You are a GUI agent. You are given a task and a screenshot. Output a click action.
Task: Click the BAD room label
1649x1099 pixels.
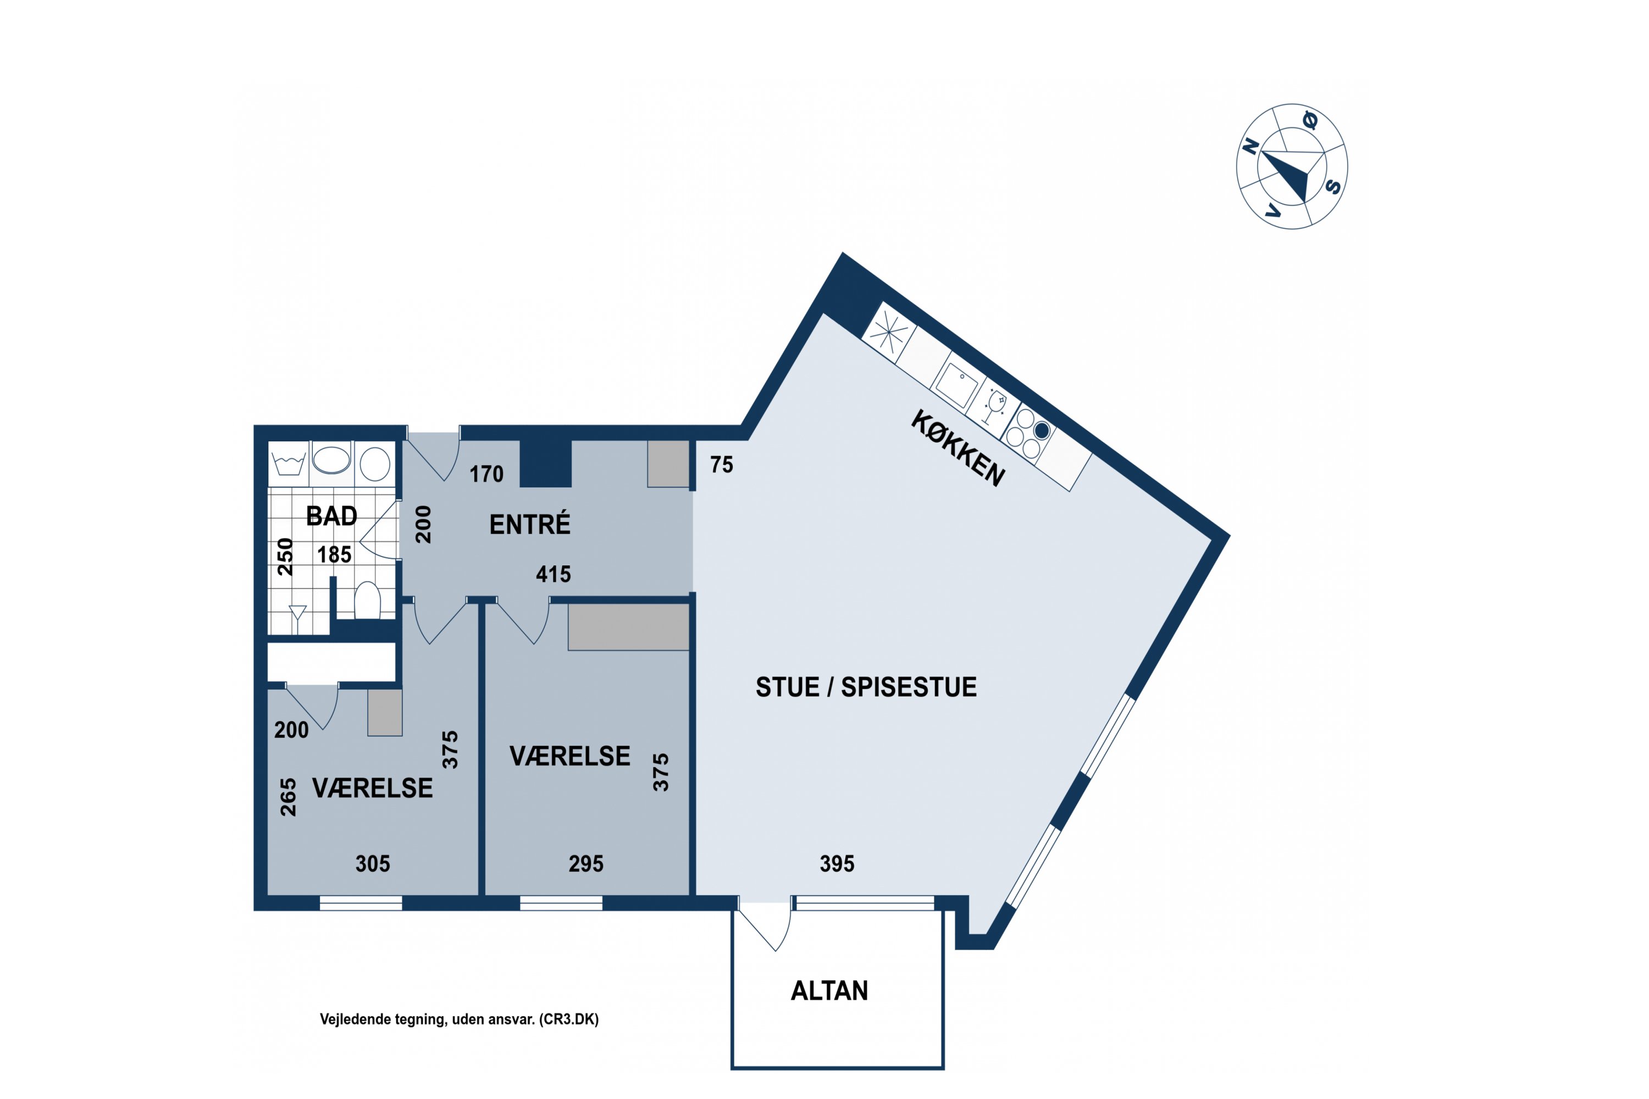pyautogui.click(x=331, y=517)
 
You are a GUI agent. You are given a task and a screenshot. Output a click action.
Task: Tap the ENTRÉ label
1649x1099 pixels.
pyautogui.click(x=530, y=524)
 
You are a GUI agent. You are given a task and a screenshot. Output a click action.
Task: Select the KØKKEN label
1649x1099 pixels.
pyautogui.click(x=958, y=448)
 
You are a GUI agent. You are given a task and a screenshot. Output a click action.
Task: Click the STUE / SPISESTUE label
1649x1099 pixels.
pyautogui.click(x=866, y=687)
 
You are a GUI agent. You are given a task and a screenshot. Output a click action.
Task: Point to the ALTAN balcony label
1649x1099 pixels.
pyautogui.click(x=829, y=990)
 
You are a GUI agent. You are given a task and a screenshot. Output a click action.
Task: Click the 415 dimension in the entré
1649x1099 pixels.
pyautogui.click(x=553, y=575)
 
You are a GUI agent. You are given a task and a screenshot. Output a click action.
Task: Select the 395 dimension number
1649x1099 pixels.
pyautogui.click(x=837, y=863)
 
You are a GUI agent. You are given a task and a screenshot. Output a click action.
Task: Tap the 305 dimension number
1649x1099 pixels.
pyautogui.click(x=372, y=863)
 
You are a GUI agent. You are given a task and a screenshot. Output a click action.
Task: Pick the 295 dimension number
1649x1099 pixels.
pyautogui.click(x=586, y=863)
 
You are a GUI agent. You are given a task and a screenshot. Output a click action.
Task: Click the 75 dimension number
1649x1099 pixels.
pyautogui.click(x=721, y=465)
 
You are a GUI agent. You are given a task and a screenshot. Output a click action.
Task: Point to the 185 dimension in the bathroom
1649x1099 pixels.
pyautogui.click(x=334, y=555)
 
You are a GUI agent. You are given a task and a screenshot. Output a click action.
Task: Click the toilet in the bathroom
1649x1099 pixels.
pyautogui.click(x=367, y=600)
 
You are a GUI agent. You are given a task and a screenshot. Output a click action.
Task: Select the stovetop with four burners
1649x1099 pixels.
pyautogui.click(x=1028, y=432)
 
